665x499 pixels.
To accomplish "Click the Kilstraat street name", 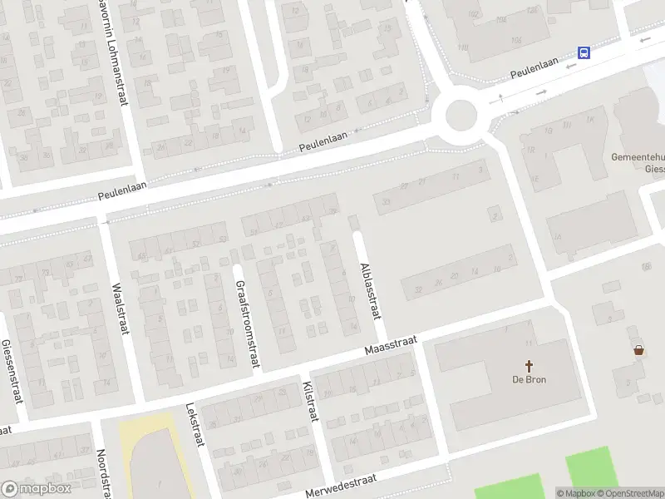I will tap(312, 402).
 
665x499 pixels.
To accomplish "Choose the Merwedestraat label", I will tap(341, 483).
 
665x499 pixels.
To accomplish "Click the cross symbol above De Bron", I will tap(528, 365).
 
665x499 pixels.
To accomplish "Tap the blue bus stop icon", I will tap(584, 52).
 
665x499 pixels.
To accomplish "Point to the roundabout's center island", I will tap(460, 114).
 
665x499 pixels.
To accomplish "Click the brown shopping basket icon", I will tap(638, 350).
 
